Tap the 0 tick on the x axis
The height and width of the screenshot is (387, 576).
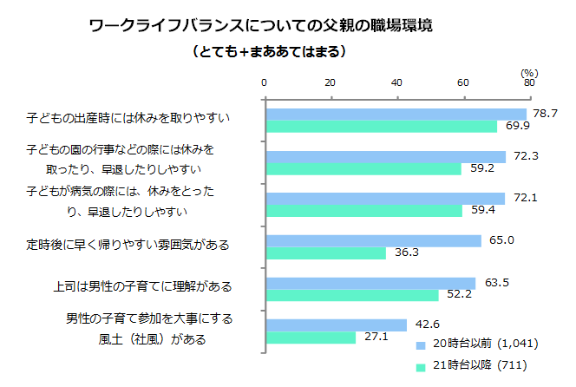click(x=264, y=83)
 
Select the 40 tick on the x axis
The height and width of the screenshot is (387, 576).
click(x=396, y=83)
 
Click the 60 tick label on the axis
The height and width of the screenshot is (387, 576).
click(x=463, y=83)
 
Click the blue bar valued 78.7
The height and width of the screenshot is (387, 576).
click(x=396, y=115)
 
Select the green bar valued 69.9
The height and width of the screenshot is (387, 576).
click(x=381, y=127)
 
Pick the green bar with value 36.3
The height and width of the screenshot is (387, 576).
click(x=325, y=253)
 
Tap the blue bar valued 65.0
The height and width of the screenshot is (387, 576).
click(x=373, y=241)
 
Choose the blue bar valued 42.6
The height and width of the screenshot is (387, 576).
click(x=336, y=325)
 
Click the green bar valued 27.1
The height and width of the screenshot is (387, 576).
click(x=310, y=338)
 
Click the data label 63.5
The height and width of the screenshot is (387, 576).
click(x=497, y=282)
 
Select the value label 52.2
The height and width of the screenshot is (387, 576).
click(x=459, y=295)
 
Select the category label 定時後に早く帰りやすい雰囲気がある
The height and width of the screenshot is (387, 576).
click(x=128, y=246)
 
